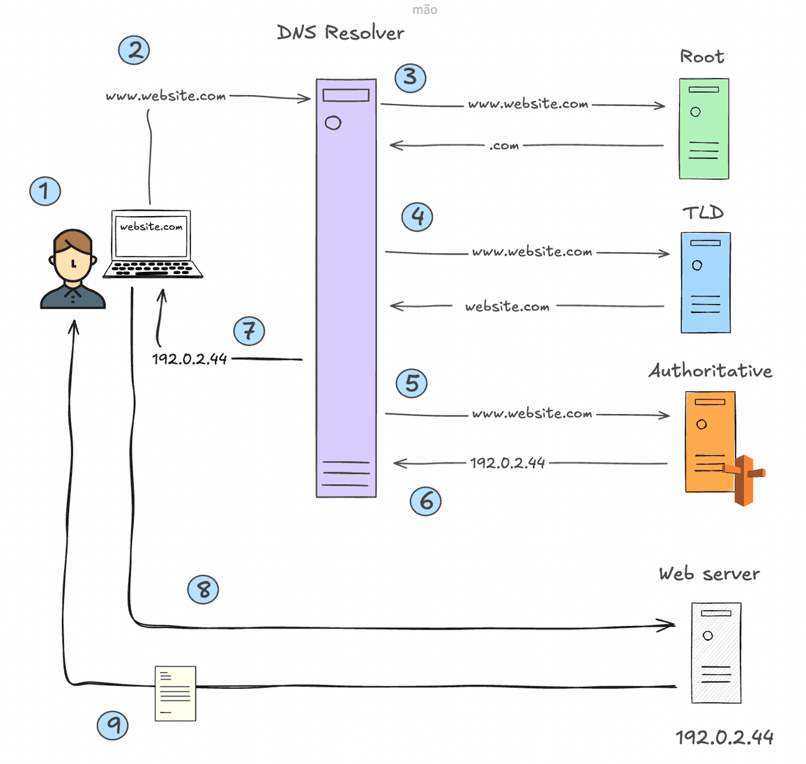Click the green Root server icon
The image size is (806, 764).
pos(704,129)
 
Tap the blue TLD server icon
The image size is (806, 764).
pos(706,282)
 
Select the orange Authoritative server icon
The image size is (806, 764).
pos(710,442)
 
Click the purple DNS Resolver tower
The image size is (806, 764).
pos(346,288)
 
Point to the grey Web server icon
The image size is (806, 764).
pos(716,652)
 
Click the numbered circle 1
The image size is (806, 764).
pos(45,190)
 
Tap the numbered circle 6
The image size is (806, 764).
pos(425,501)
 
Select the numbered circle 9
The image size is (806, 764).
pos(113,725)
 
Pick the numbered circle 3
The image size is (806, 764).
pos(410,77)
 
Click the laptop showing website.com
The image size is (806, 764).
pos(152,244)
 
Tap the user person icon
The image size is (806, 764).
pos(73,269)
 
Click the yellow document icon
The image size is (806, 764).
pos(175,693)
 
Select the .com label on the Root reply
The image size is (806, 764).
pos(503,146)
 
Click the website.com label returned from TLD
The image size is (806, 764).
pos(507,307)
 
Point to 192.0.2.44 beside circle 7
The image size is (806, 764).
pos(190,359)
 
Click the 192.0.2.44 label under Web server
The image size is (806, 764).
pos(724,738)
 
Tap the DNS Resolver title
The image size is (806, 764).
pos(340,33)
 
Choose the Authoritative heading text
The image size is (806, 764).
pos(710,371)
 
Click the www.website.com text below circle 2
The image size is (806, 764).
pos(166,96)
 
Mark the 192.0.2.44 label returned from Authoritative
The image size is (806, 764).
pos(507,463)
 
